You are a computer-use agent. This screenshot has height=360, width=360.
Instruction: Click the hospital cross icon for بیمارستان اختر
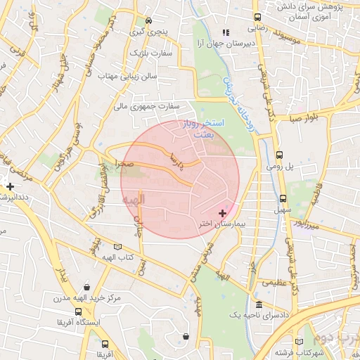coord(224,212)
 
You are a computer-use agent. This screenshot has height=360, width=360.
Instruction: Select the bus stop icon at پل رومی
coord(279,155)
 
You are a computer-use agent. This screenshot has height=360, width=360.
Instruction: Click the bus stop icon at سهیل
coord(283,198)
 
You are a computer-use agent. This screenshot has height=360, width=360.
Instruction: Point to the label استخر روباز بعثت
coord(208,128)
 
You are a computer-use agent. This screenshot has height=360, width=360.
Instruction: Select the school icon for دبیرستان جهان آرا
coord(226,32)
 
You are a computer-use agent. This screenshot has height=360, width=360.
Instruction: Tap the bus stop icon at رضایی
coord(258,17)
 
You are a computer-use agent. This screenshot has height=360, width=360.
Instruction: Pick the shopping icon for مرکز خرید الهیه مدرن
coord(86,287)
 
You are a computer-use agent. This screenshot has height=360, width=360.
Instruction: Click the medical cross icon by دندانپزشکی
coord(10,186)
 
